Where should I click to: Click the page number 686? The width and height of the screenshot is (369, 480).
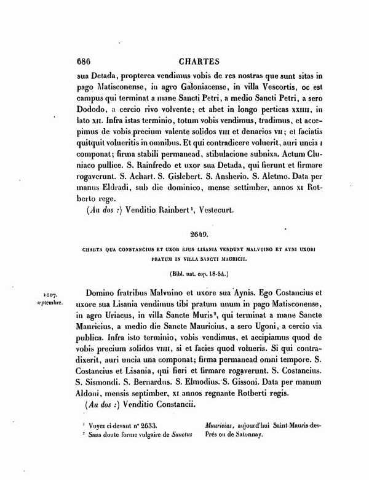(x=82, y=61)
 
